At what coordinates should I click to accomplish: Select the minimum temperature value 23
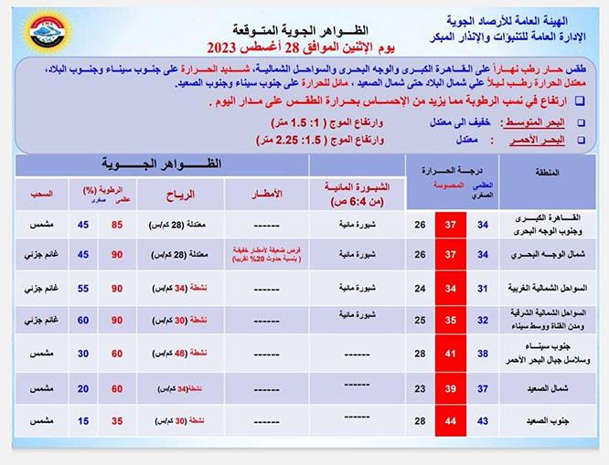[x=420, y=388]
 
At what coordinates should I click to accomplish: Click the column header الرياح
[x=175, y=194]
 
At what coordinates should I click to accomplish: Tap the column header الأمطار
[x=266, y=194]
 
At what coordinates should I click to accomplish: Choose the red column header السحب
[x=41, y=194]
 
